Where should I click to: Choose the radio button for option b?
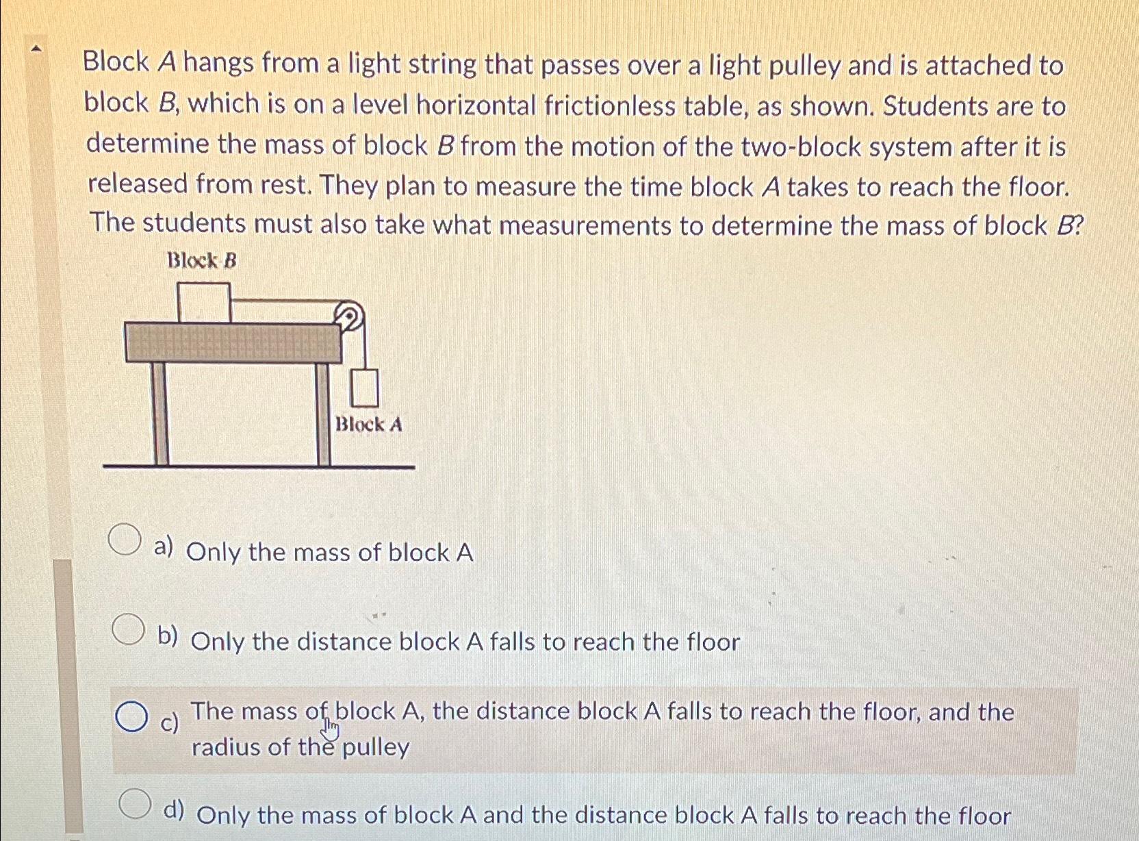(x=129, y=630)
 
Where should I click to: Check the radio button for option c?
(x=131, y=717)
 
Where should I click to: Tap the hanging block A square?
(x=365, y=388)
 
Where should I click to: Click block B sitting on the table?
(x=203, y=302)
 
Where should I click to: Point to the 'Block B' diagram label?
(x=202, y=261)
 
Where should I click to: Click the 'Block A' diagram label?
(x=368, y=425)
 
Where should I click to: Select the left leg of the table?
(x=160, y=414)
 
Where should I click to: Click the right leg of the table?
(x=323, y=414)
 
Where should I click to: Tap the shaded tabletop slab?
(x=233, y=343)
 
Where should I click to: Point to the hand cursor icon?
(x=331, y=730)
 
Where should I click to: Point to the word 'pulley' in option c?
(x=376, y=747)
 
